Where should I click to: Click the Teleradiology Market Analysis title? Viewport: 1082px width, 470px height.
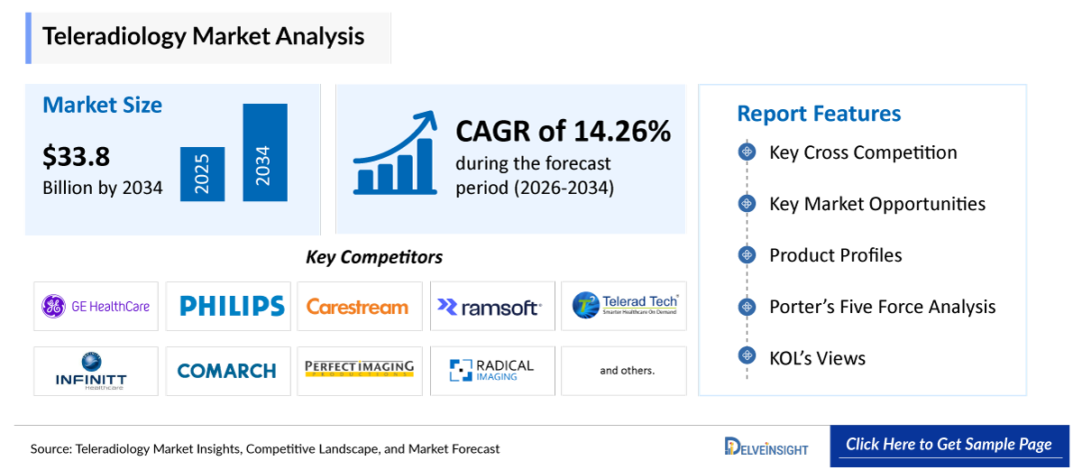pyautogui.click(x=204, y=36)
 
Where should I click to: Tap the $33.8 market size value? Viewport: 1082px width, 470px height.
pyautogui.click(x=77, y=157)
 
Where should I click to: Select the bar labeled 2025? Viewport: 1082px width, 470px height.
pyautogui.click(x=202, y=174)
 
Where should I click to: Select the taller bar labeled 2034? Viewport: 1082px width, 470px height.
pyautogui.click(x=264, y=152)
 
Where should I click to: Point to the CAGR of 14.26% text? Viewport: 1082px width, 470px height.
pyautogui.click(x=563, y=132)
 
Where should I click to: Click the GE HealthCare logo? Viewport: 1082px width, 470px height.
pyautogui.click(x=96, y=307)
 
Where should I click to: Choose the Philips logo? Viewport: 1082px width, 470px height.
pyautogui.click(x=232, y=307)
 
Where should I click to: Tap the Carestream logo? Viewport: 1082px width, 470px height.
pyautogui.click(x=358, y=307)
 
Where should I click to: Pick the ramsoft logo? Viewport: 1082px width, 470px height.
pyautogui.click(x=489, y=307)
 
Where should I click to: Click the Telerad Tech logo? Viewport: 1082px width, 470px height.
pyautogui.click(x=624, y=307)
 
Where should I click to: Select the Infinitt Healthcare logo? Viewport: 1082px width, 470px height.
pyautogui.click(x=91, y=371)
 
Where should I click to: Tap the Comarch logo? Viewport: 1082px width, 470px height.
pyautogui.click(x=227, y=371)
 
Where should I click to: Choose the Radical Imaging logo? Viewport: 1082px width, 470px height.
pyautogui.click(x=491, y=370)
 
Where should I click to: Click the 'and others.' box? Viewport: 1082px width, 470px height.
pyautogui.click(x=627, y=371)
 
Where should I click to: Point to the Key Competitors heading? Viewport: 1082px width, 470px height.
pyautogui.click(x=374, y=257)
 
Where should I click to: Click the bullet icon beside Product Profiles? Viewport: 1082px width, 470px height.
pyautogui.click(x=747, y=255)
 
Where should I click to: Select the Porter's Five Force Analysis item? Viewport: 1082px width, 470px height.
pyautogui.click(x=882, y=307)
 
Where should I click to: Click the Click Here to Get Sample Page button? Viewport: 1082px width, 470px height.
pyautogui.click(x=949, y=445)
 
